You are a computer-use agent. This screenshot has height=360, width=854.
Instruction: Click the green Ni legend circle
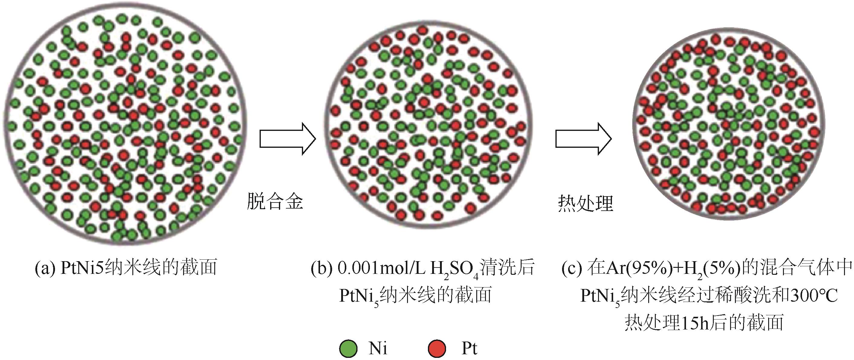pos(348,349)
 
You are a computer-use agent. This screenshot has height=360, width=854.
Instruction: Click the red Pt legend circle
pos(437,349)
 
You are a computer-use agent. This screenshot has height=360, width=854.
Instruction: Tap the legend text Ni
pos(378,349)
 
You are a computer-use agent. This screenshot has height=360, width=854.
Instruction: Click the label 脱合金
pos(275,201)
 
